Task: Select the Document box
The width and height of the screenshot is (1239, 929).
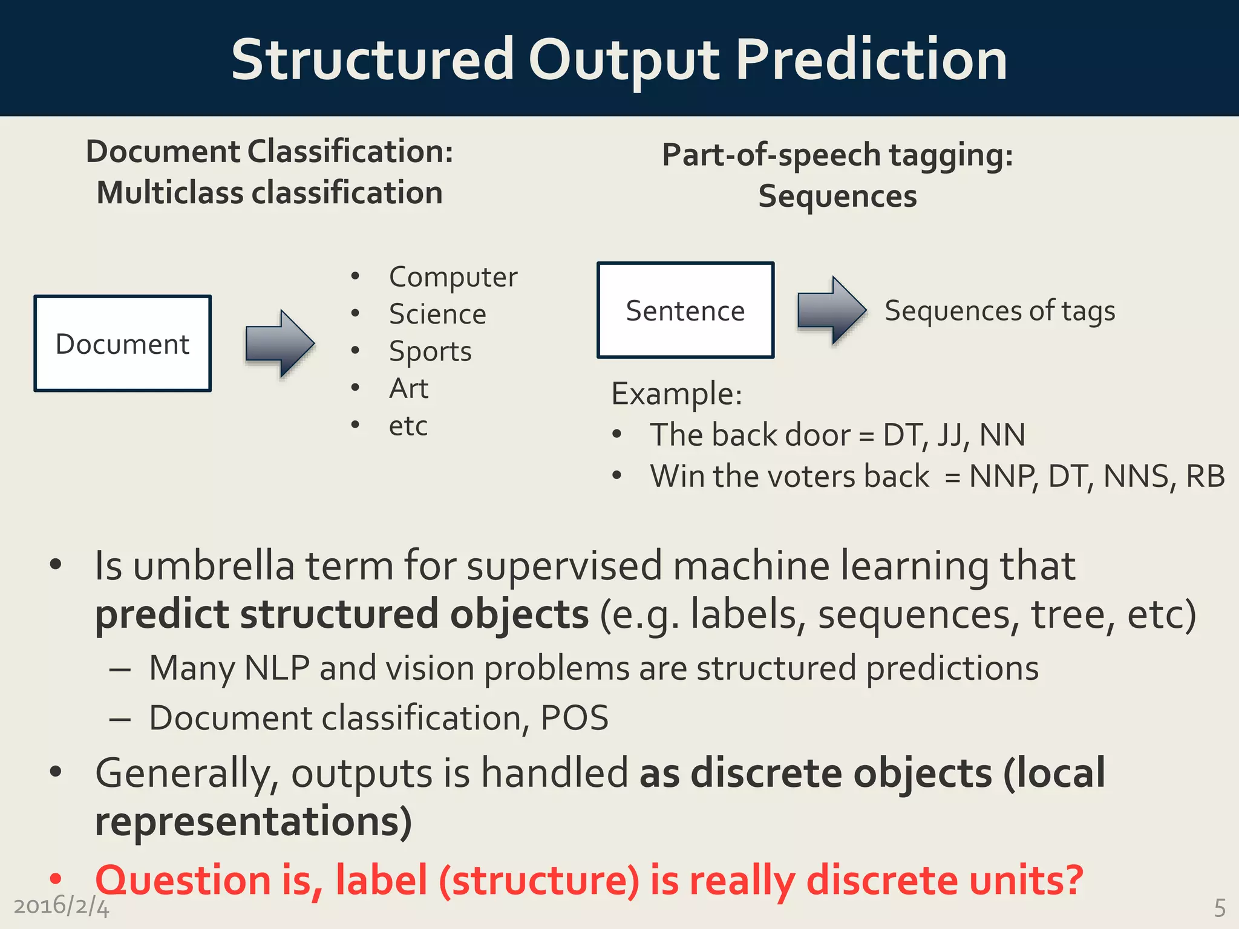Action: [123, 344]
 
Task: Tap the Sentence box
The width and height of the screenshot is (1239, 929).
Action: [685, 310]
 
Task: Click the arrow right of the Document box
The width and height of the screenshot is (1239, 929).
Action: [280, 344]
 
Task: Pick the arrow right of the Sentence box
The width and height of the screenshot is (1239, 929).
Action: [832, 310]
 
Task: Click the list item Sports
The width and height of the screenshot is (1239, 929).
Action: [430, 351]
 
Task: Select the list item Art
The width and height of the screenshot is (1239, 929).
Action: [409, 388]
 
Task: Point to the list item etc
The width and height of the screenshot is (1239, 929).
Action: [408, 426]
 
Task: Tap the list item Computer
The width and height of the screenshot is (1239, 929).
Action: [453, 277]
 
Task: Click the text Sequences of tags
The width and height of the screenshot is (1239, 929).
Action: [1000, 311]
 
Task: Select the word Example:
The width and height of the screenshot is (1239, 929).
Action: [676, 394]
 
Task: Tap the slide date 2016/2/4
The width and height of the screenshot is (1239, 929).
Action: [61, 906]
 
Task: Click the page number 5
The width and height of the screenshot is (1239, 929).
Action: [1220, 908]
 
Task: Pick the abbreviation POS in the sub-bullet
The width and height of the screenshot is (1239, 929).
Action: [574, 718]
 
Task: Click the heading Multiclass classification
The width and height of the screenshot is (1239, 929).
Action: [270, 193]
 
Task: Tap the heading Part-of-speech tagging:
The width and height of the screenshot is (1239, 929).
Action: [837, 155]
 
